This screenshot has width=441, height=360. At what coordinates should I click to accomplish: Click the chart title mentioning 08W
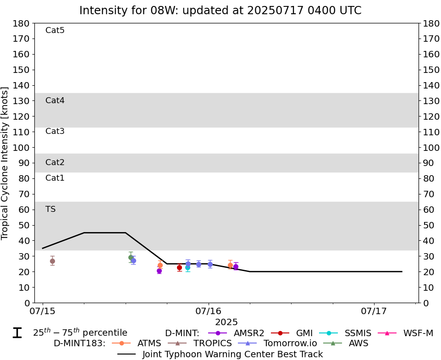coord(220,11)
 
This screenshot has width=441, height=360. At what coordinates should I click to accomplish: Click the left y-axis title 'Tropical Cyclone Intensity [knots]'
coord(6,163)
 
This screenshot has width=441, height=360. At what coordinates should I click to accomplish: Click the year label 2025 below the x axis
coord(226,322)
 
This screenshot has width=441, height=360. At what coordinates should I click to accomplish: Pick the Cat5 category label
coord(55,31)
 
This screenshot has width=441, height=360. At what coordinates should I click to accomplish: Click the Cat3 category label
coord(55,132)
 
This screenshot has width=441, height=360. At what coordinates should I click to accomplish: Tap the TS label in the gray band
coord(50,210)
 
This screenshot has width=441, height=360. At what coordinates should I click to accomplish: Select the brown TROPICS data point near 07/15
coord(52,261)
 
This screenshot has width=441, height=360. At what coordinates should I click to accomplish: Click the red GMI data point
coord(179,267)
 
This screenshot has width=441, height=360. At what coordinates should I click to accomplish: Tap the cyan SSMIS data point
coord(187,267)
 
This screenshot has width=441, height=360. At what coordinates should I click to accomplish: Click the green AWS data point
coord(131,257)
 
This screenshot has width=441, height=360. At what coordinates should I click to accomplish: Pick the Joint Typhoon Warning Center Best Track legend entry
coord(220,354)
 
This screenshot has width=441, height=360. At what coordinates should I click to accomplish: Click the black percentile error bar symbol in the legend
coord(17,333)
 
